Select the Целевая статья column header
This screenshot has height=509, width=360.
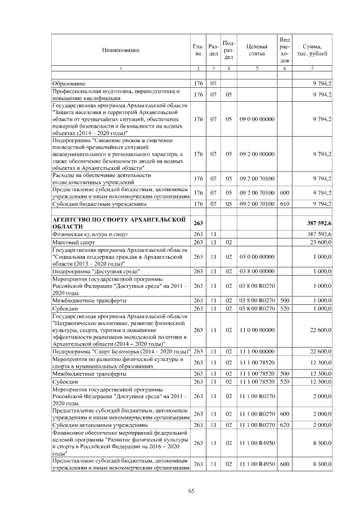[x=256, y=49]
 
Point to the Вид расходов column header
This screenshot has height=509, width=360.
[x=285, y=49]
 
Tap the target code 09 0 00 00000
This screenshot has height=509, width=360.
[x=256, y=119]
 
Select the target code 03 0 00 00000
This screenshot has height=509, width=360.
[x=256, y=256]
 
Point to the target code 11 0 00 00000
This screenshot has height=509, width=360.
[x=256, y=330]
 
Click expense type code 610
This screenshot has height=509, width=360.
[x=285, y=204]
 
